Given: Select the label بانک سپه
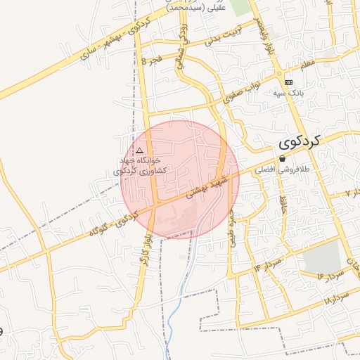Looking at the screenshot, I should pyautogui.click(x=288, y=92).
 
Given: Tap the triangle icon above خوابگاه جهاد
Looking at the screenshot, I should pyautogui.click(x=139, y=150).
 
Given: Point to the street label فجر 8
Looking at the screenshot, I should pyautogui.click(x=153, y=62).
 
